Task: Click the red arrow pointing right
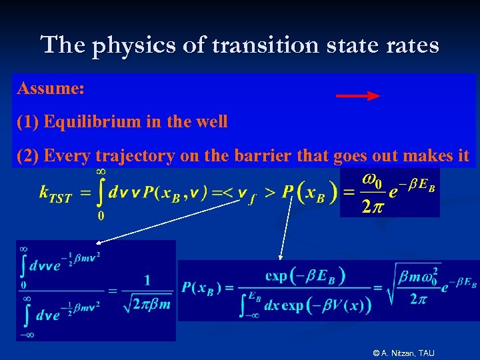tap(357, 96)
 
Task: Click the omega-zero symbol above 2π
tap(373, 181)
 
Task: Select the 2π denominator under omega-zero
tap(372, 207)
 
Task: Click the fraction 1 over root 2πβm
tap(147, 291)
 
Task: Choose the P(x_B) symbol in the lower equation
tap(201, 289)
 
